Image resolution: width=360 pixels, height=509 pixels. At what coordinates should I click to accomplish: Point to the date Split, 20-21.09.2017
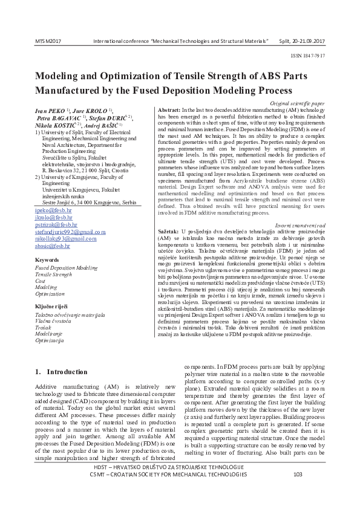[x=301, y=41]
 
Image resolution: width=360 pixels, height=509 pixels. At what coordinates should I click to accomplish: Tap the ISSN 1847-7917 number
[x=307, y=54]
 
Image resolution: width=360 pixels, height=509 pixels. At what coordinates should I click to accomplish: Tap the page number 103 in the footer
[x=297, y=491]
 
